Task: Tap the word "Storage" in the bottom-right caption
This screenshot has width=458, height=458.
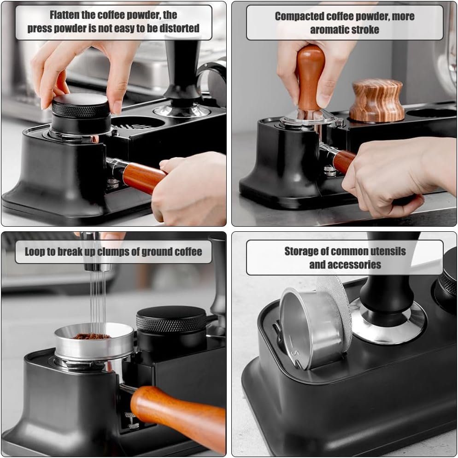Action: (301, 252)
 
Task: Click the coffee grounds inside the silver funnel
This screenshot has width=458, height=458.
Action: (91, 336)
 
